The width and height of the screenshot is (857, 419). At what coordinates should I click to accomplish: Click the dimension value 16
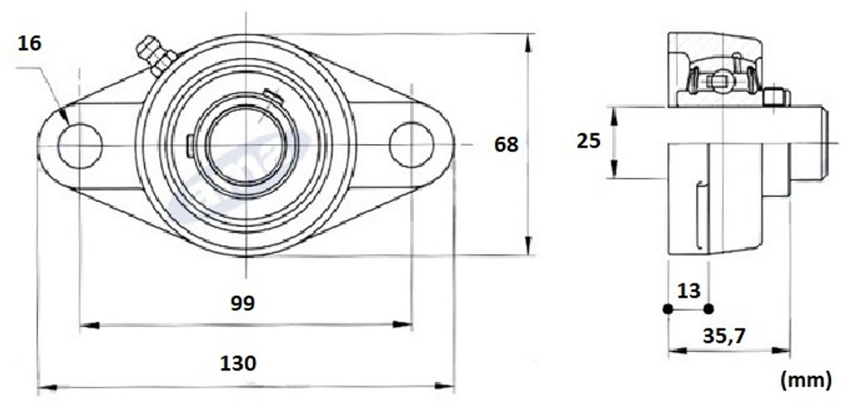tap(29, 44)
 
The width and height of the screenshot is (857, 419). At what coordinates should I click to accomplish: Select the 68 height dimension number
tap(506, 144)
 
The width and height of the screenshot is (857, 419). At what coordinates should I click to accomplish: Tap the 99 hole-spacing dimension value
tap(242, 303)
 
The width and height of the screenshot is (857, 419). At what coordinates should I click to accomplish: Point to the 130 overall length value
tap(238, 363)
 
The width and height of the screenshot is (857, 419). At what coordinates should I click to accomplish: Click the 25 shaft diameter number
tap(588, 141)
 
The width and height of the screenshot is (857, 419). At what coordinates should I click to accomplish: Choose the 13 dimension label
tap(689, 291)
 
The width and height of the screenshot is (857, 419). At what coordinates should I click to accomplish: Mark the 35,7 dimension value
tap(724, 336)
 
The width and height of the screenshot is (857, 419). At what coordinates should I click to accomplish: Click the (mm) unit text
tap(807, 379)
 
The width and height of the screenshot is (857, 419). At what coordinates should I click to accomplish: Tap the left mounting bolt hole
tap(80, 146)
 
